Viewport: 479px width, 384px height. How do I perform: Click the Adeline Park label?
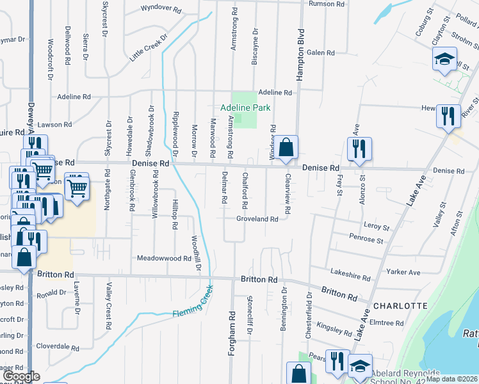point(246,108)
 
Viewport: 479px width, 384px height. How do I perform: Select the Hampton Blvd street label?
point(299,58)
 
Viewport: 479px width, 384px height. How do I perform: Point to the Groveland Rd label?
point(257,219)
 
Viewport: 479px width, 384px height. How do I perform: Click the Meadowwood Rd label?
point(165,259)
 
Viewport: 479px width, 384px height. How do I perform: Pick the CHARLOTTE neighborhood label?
point(400,305)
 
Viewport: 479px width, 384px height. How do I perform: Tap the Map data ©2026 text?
point(451,379)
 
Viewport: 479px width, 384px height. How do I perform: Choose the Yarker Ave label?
point(403,272)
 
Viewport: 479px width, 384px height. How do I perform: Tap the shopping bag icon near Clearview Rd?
point(288,147)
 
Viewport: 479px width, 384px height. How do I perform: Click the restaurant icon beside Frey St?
point(357,148)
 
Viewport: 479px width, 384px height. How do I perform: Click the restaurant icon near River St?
point(448,116)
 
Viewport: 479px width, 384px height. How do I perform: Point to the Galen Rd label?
point(321,52)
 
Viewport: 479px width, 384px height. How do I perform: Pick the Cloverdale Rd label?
point(57,346)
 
